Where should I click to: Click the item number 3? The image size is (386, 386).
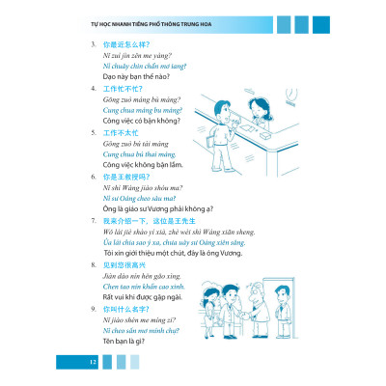(x=92, y=45)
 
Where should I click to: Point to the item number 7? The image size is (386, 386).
(x=92, y=222)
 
